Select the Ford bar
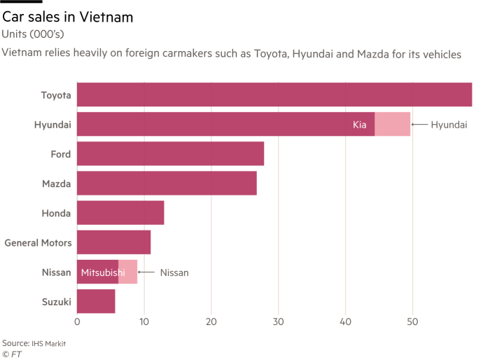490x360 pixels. coord(170,154)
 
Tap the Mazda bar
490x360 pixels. coord(167,184)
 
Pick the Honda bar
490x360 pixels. coord(120,213)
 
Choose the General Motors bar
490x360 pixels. coord(113,242)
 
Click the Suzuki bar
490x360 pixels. coord(96,301)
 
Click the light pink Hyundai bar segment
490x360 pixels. coord(393,125)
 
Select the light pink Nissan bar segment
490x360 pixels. coord(128,272)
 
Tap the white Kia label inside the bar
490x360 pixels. coord(360,125)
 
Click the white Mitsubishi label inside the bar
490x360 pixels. coord(103,272)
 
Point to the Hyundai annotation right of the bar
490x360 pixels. coord(449,125)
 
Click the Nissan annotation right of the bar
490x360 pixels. coord(174,272)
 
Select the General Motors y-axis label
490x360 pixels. coord(38,243)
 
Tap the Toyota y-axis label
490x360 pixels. coord(55,95)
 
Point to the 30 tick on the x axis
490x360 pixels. coord(279,322)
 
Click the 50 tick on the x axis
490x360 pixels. coord(412,322)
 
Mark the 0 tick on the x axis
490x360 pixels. coord(77,322)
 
